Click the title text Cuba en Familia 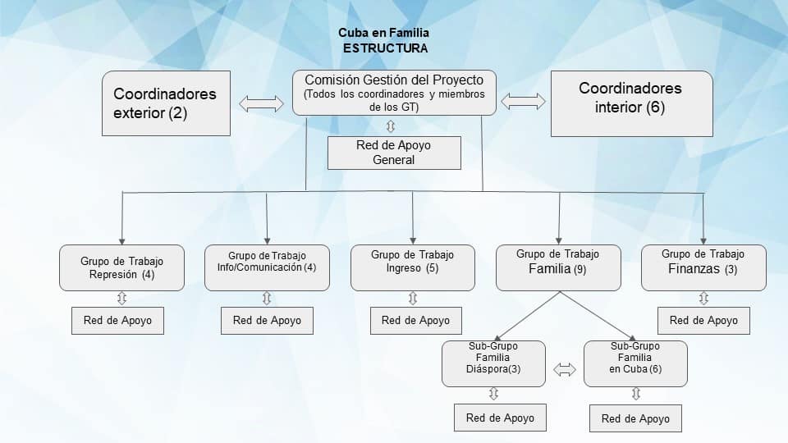[383, 34]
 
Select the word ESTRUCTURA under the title [385, 48]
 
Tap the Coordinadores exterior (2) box [166, 103]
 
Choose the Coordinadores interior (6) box [630, 103]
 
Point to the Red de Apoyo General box [394, 153]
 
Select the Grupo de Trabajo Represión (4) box [121, 267]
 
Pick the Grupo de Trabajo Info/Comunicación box [267, 267]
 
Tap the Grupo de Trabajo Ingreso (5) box [412, 267]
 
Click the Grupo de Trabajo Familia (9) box [558, 267]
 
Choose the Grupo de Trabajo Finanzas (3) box [703, 267]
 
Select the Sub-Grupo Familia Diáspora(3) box [493, 363]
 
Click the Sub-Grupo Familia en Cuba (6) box [635, 363]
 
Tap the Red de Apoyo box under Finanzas [703, 320]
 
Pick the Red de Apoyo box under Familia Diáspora [500, 418]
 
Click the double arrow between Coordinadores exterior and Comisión [260, 103]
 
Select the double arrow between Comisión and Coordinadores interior [523, 102]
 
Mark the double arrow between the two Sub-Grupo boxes [565, 370]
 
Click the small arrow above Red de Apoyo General [391, 126]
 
